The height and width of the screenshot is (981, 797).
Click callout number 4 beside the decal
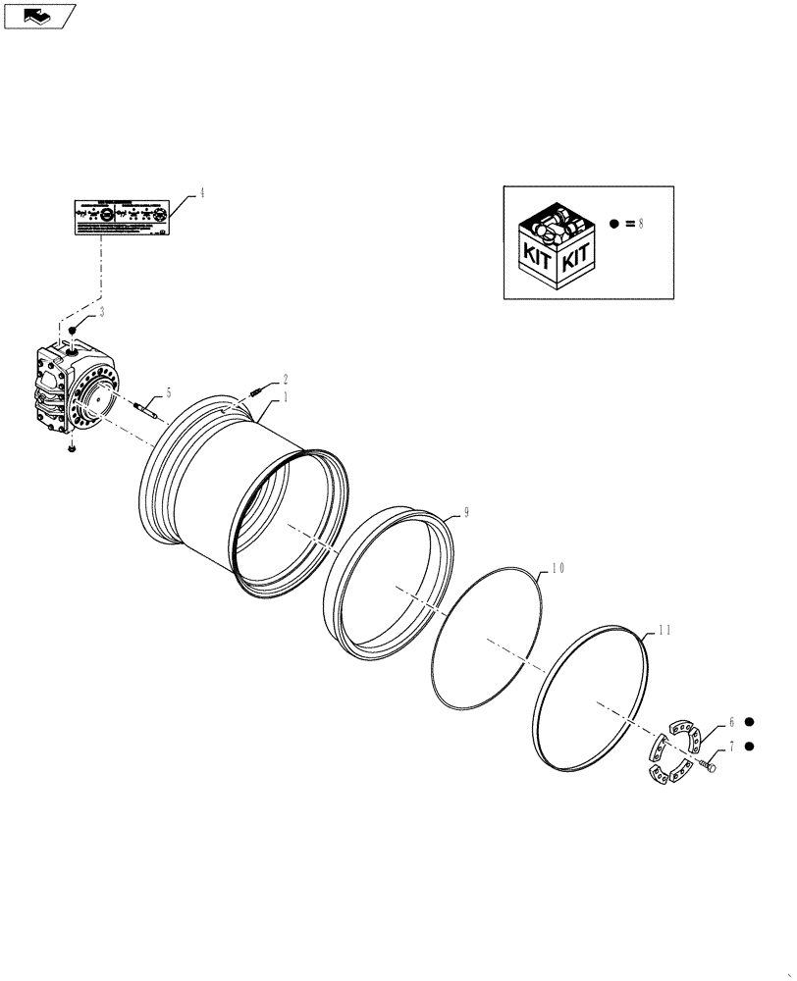[202, 193]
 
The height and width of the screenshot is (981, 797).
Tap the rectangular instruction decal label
[125, 217]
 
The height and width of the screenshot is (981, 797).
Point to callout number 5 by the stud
[168, 392]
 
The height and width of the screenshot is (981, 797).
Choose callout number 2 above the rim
[286, 379]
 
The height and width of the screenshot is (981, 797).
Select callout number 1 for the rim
[286, 397]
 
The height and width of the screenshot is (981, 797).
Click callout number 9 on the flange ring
[466, 512]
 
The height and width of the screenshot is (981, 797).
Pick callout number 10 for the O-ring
[558, 568]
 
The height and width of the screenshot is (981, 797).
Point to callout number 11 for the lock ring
[664, 631]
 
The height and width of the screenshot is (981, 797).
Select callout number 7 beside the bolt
[730, 747]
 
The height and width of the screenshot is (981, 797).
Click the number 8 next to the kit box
[640, 224]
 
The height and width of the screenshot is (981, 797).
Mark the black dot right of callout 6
[749, 720]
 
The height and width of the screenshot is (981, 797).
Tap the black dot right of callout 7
[749, 747]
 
